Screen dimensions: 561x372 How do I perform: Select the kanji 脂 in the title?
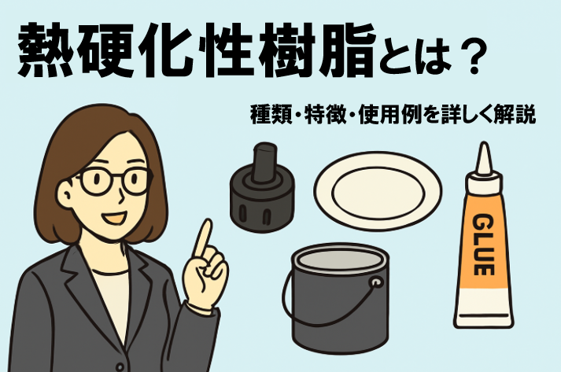(347, 51)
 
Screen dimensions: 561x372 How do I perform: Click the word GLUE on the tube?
(483, 245)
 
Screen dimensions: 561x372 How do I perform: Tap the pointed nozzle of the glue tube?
(484, 158)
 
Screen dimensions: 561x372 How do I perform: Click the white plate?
(378, 191)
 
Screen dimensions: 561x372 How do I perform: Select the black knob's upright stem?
(264, 162)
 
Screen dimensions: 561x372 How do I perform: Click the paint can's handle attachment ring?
(376, 282)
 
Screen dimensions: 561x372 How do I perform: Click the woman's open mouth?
(114, 218)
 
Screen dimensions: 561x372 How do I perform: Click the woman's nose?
(122, 193)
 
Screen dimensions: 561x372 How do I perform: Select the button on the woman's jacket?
(120, 367)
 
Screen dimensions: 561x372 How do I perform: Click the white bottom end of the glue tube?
(483, 308)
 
